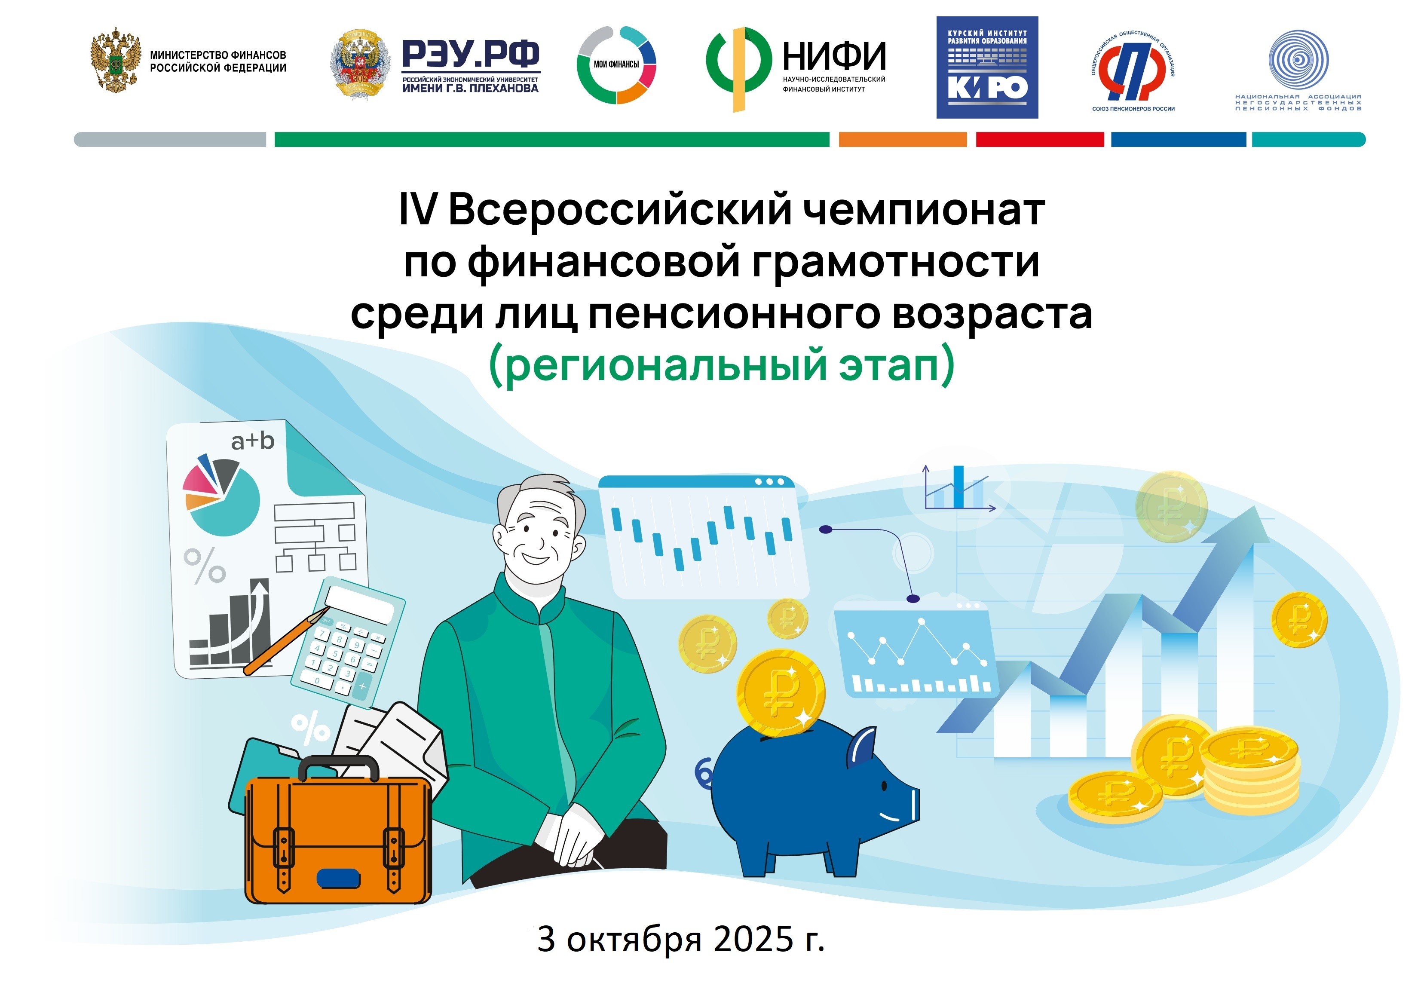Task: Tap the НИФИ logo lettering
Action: pos(834,56)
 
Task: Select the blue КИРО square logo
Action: pos(987,67)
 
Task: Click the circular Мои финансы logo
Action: pos(616,64)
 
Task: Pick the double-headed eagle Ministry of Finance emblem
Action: pos(115,60)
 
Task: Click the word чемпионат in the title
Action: pos(924,210)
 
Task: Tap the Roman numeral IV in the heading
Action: pos(418,210)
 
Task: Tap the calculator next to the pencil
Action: pos(349,643)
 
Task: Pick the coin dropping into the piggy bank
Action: pos(781,693)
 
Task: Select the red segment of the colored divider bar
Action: pos(1040,139)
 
